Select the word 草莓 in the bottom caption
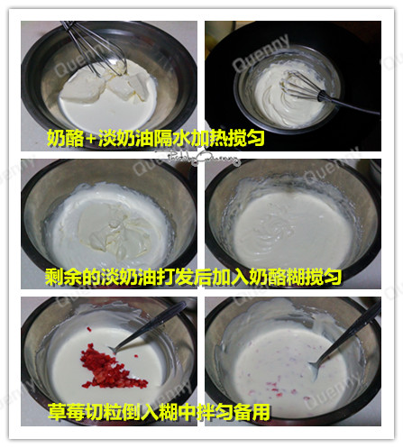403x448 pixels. click(64, 414)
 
